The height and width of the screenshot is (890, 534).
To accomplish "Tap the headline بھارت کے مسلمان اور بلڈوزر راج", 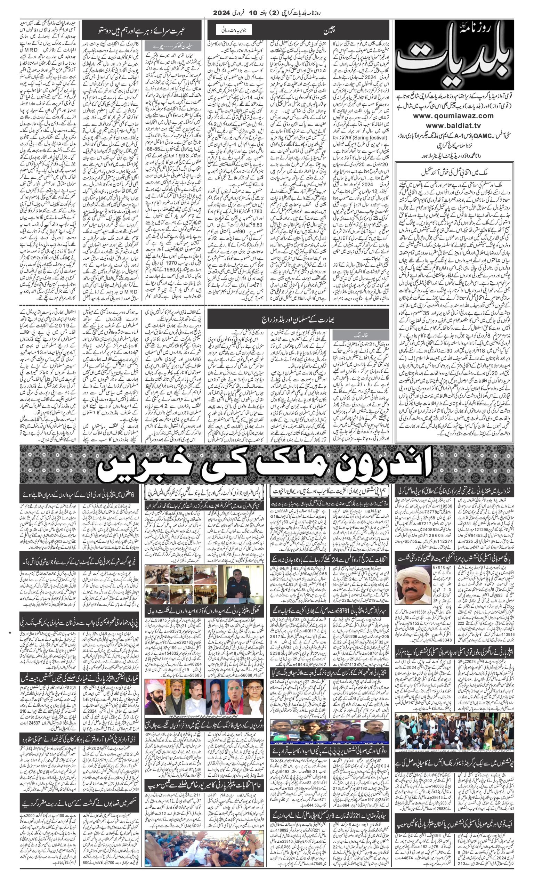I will click(x=298, y=318).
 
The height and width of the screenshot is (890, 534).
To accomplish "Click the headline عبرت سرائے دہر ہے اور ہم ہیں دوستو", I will click(x=142, y=30).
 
